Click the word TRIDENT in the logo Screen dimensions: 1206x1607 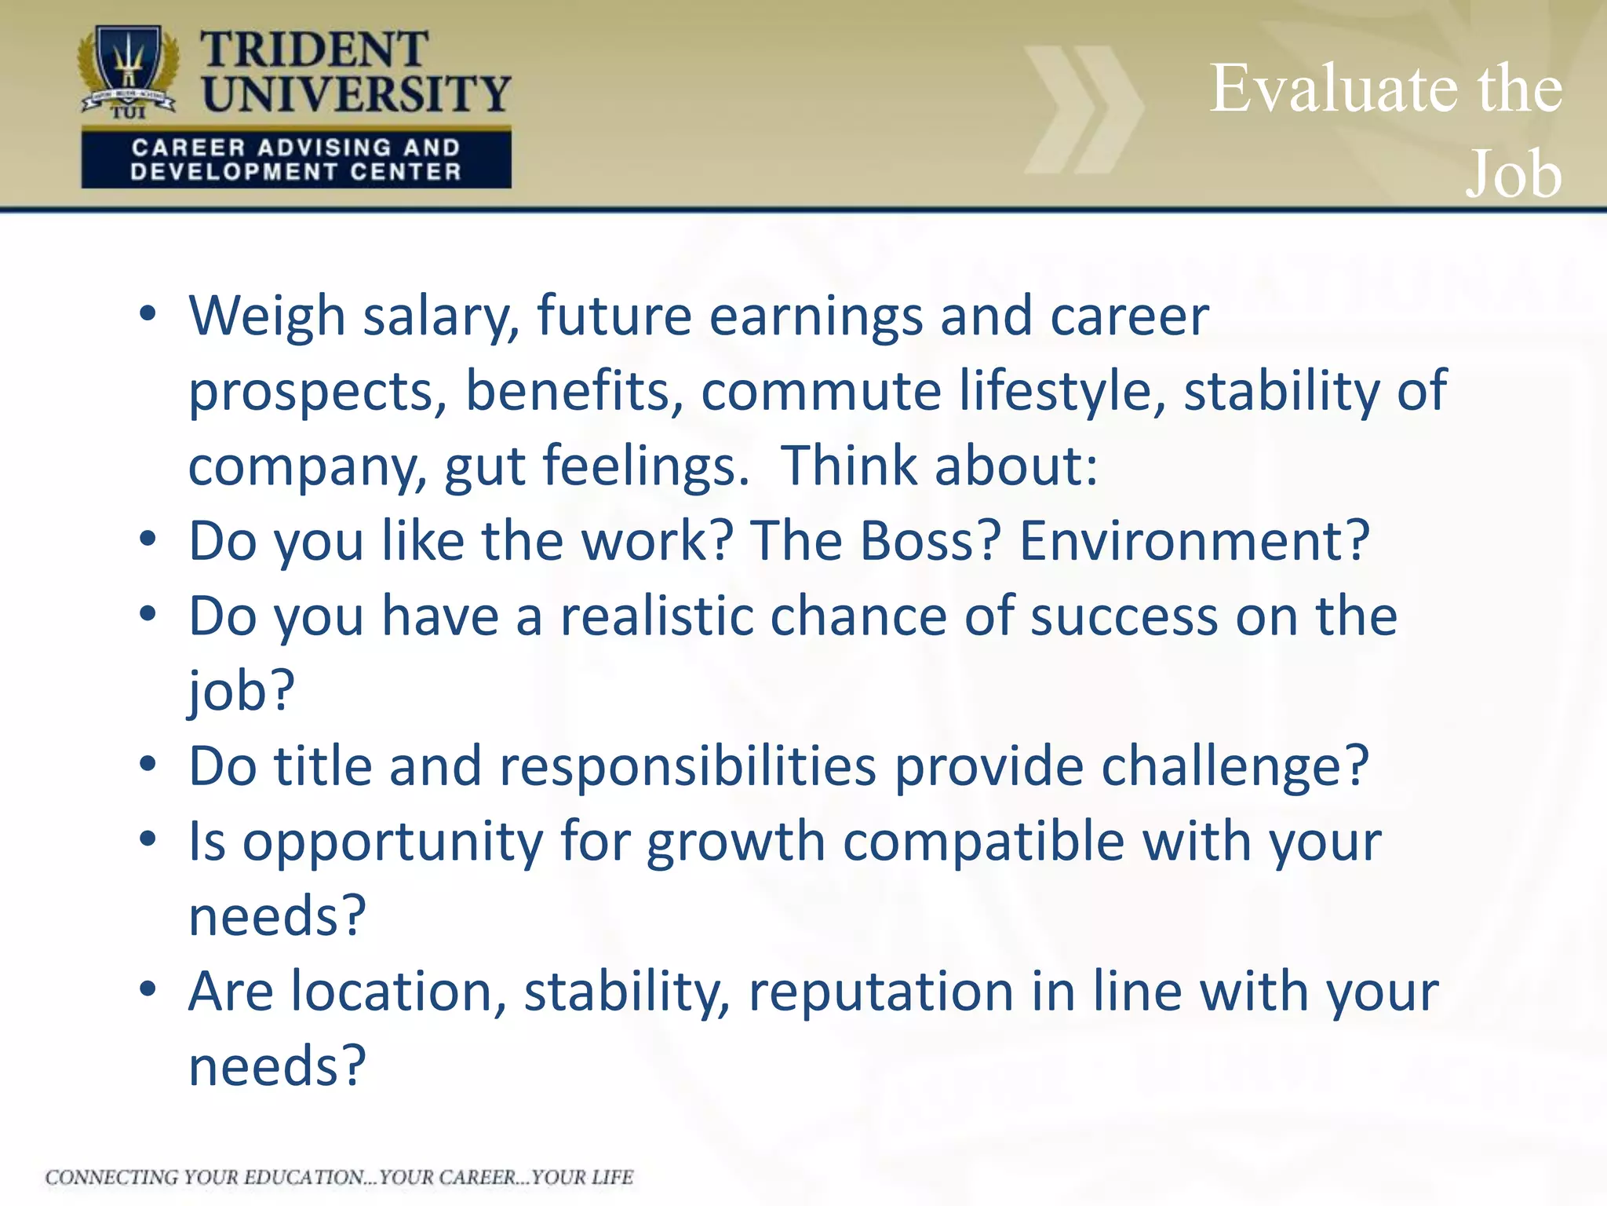point(314,50)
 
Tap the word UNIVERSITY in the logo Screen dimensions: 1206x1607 point(356,94)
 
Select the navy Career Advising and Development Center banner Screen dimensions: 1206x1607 point(296,159)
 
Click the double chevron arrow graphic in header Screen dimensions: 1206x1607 point(1083,110)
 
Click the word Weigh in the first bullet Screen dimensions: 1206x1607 point(267,316)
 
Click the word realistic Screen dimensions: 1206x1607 point(656,616)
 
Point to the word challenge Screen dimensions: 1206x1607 point(1234,767)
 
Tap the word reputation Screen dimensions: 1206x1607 point(880,992)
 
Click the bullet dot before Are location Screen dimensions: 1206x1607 point(148,989)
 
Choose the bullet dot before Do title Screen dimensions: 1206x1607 point(148,764)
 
